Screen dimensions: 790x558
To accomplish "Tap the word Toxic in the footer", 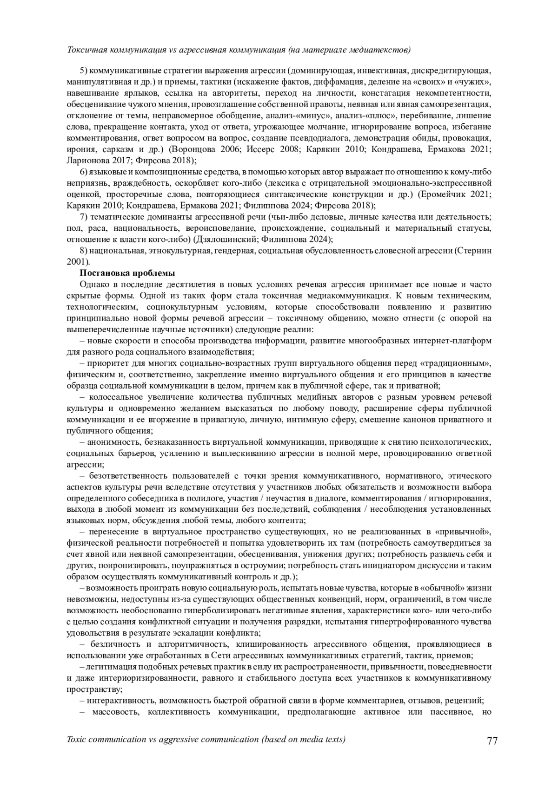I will point(78,739).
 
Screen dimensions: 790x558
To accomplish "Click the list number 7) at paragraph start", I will point(84,217).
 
